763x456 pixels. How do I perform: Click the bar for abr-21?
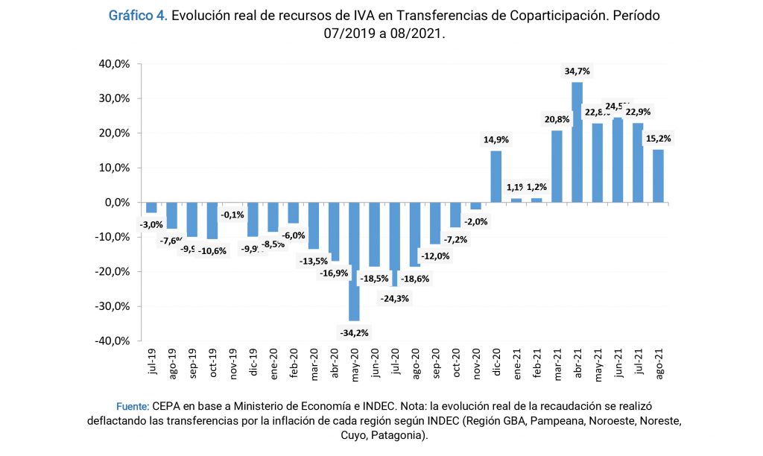click(x=577, y=142)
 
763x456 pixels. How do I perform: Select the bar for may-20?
click(x=354, y=261)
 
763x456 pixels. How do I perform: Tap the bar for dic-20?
click(x=496, y=177)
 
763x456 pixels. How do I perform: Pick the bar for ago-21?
click(x=658, y=176)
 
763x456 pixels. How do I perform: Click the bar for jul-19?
click(x=151, y=207)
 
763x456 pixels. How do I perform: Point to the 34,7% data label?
click(x=577, y=72)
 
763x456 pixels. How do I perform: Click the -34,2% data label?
click(x=354, y=332)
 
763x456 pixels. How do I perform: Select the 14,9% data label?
click(x=496, y=139)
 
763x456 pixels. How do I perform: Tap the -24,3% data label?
click(x=395, y=298)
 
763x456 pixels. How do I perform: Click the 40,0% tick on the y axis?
click(x=115, y=64)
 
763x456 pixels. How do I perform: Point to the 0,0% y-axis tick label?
click(x=118, y=203)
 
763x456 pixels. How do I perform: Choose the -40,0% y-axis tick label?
click(x=113, y=341)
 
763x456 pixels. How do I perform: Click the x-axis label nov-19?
click(x=232, y=364)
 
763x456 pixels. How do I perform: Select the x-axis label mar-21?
click(x=557, y=364)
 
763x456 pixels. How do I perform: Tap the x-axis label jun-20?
click(x=375, y=364)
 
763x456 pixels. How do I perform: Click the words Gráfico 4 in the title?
click(x=138, y=16)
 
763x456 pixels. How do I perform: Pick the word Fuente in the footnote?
click(x=133, y=407)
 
